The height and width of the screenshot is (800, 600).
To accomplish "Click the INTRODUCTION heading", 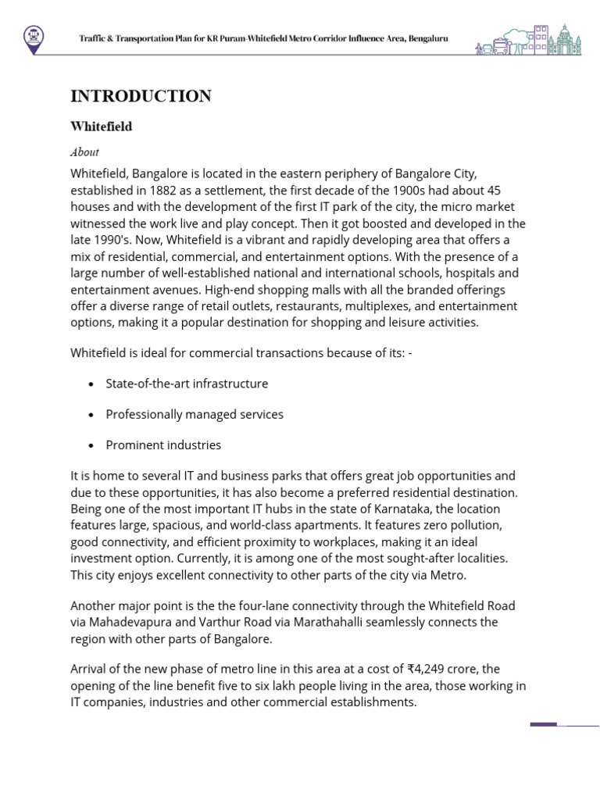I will click(x=141, y=96).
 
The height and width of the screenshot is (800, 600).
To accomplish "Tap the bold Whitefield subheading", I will click(x=101, y=127).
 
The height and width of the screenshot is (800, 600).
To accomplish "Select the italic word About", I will click(x=84, y=152).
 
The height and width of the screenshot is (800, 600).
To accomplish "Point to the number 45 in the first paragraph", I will click(x=493, y=190).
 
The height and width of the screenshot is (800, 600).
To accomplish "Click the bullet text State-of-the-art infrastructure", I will click(x=187, y=384).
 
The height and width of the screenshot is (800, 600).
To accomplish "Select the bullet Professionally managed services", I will click(x=195, y=414).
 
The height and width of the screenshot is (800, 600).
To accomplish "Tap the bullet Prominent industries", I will click(x=163, y=445).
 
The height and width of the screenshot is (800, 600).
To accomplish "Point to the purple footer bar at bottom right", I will click(x=544, y=724).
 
